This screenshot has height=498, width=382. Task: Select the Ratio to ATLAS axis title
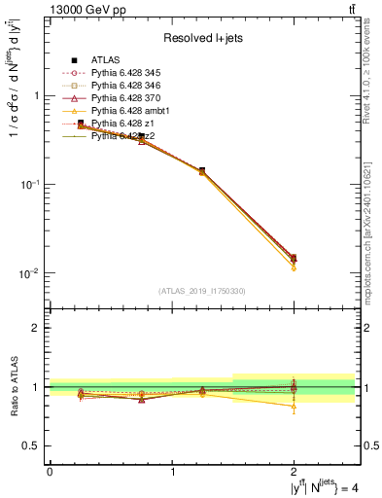(14, 386)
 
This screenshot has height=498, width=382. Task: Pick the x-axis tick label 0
(49, 472)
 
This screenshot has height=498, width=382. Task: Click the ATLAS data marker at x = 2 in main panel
(295, 258)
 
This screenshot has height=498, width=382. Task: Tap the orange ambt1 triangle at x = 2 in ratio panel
(295, 407)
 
